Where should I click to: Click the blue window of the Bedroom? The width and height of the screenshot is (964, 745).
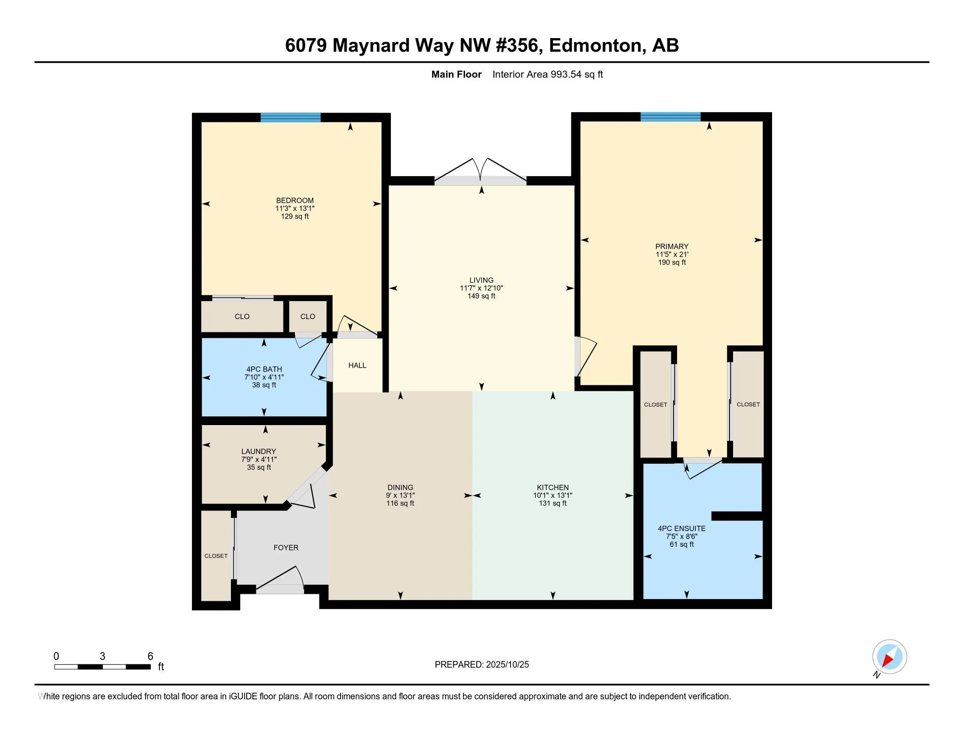290,117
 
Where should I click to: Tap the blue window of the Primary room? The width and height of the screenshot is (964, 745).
670,117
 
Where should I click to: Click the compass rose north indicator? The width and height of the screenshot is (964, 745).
889,657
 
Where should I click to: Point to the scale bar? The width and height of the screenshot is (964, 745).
103,667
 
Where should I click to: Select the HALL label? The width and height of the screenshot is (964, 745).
357,365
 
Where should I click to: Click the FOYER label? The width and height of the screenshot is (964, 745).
286,548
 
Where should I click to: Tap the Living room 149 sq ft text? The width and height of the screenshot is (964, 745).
481,296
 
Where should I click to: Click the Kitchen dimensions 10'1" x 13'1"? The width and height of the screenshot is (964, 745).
553,496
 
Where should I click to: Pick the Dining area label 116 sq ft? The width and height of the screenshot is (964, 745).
400,504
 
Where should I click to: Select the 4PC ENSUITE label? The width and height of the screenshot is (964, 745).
681,529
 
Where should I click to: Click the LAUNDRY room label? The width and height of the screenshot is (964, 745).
259,451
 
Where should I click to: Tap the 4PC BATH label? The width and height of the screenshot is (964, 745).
264,369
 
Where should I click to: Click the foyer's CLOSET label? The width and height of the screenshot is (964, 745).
216,556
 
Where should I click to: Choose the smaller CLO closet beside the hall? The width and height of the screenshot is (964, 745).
308,316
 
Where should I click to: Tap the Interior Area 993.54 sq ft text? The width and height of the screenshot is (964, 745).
547,74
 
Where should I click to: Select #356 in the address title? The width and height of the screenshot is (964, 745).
519,46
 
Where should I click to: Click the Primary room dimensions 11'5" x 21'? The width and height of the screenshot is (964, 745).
672,255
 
